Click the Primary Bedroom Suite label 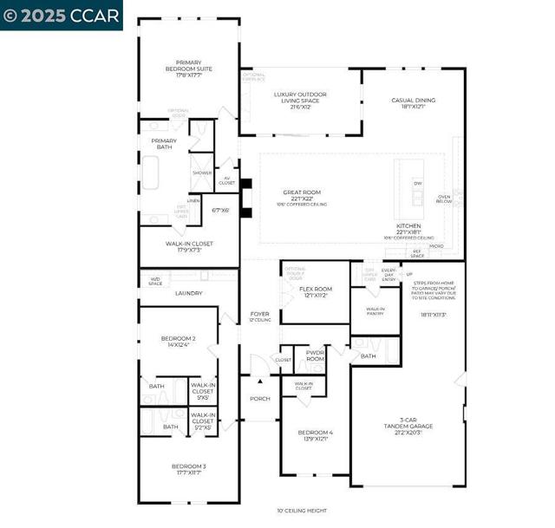coord(188,68)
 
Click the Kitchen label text coord(408,228)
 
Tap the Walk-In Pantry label coord(375,310)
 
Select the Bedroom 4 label coord(315,435)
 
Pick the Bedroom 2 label coord(178,341)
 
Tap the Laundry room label coord(188,293)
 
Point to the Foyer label coord(260,316)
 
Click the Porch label coord(259,399)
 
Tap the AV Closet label coord(226,181)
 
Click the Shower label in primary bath coord(202,173)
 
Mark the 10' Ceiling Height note coord(302,511)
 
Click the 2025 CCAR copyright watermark coord(61,15)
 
